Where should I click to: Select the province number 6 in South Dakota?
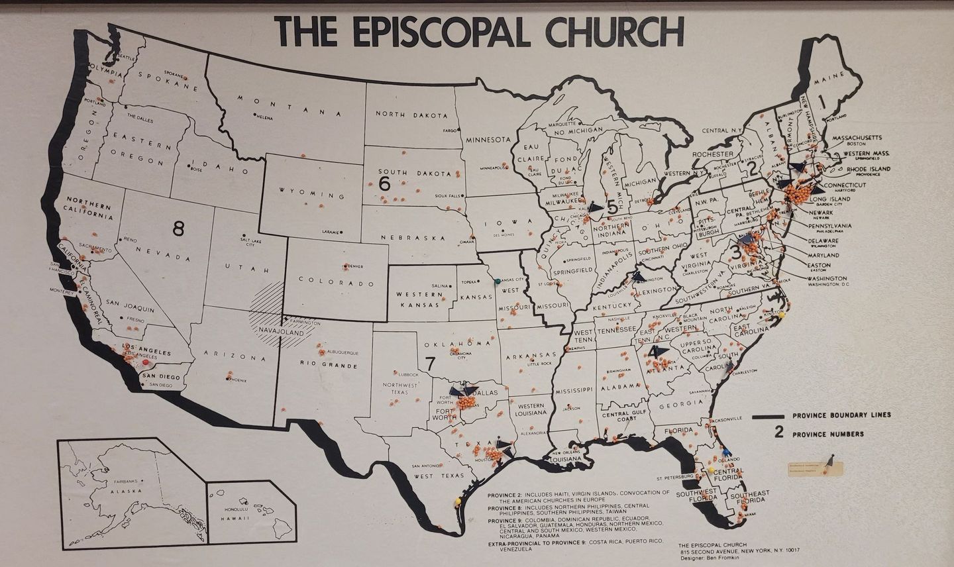pos(384,185)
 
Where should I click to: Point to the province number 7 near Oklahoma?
pos(430,363)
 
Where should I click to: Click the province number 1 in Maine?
pos(821,101)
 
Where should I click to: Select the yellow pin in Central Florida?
pos(711,470)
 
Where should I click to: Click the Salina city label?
pos(440,285)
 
